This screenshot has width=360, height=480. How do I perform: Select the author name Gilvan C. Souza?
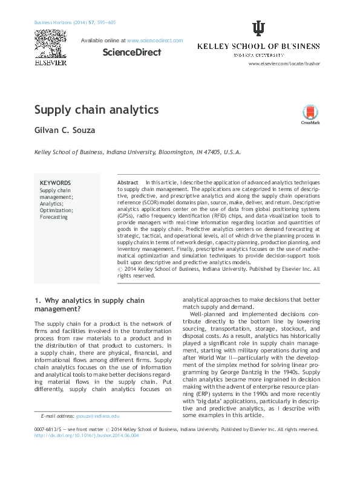tap(65, 131)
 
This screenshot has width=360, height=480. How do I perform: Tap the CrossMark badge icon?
tap(310, 114)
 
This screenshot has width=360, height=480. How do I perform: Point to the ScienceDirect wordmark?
tap(132, 52)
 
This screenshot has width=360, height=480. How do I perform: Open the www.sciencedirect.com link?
tap(155, 41)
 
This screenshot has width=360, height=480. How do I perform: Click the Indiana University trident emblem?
tap(258, 29)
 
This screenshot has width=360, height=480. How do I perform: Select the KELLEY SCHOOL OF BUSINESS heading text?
tap(258, 47)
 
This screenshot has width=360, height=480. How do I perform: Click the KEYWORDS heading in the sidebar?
tap(55, 183)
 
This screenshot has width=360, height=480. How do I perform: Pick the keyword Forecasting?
tap(54, 217)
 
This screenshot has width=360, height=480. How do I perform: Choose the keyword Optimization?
tap(56, 210)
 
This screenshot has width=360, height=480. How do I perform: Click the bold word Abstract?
tap(128, 183)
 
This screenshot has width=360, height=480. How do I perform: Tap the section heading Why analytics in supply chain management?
tap(90, 304)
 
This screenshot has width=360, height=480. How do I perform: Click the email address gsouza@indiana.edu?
tap(97, 416)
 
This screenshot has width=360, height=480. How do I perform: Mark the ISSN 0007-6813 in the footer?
tap(50, 429)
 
